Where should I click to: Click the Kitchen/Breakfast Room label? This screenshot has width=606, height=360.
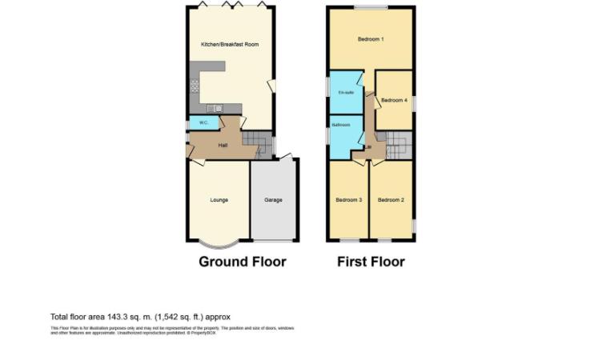pos(229,45)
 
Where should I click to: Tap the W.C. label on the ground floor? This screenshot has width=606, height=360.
pos(197,123)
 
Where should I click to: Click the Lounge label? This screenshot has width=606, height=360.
pos(219,200)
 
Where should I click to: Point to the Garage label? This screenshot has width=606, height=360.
pos(273,200)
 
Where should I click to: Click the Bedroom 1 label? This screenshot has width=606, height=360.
pos(371,39)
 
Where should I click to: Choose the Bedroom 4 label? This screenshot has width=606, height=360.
pos(393,100)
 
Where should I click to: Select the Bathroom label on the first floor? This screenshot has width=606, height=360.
pos(341,126)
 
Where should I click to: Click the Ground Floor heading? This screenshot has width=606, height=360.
pos(242,262)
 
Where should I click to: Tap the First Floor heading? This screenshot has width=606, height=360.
pos(371,262)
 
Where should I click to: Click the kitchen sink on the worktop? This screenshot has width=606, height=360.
pos(214,108)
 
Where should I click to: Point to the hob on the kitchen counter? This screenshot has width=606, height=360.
pos(194,88)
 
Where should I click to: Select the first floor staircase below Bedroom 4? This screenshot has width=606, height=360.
pos(398,146)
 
